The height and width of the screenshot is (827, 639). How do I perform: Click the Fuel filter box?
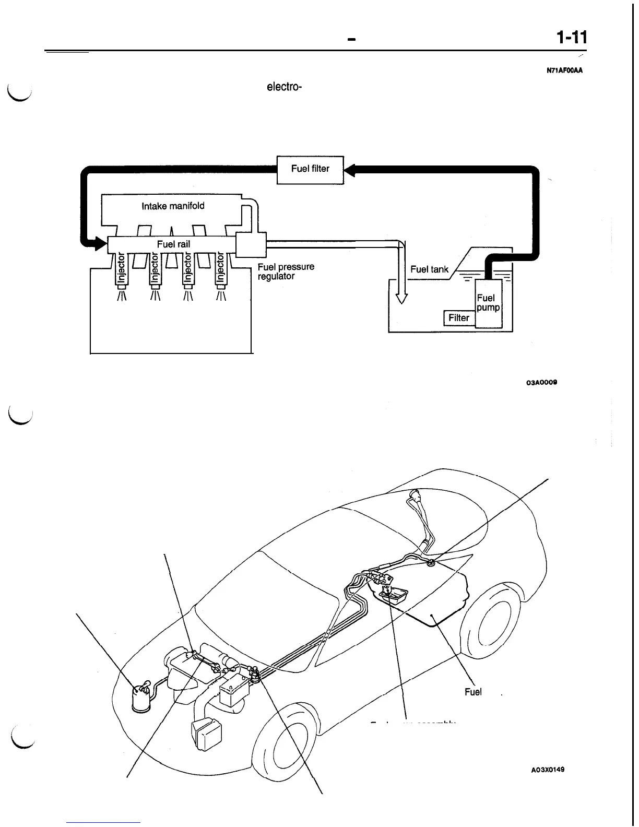click(310, 169)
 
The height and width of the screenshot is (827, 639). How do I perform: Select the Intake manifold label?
click(173, 206)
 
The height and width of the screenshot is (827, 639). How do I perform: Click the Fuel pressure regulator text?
click(286, 271)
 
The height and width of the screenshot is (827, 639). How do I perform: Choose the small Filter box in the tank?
click(459, 317)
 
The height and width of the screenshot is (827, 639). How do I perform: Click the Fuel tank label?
click(429, 269)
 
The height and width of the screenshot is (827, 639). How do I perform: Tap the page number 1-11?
click(572, 38)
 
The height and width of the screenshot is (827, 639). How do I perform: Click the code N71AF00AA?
click(564, 72)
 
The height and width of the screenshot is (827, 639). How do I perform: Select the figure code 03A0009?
click(541, 382)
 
